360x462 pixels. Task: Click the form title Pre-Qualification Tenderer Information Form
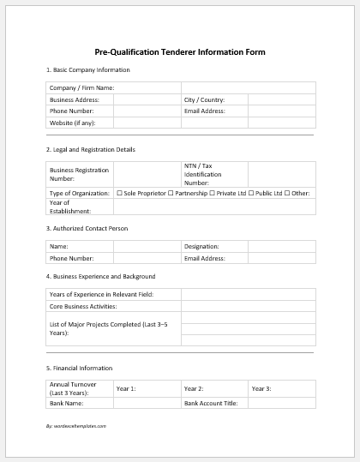[180, 52]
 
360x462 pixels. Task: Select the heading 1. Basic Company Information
[87, 70]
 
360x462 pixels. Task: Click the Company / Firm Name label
[82, 87]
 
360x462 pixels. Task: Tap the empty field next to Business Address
[147, 99]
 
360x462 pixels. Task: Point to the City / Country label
[204, 99]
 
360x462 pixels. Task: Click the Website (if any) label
[73, 123]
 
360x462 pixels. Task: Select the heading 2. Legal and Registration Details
[90, 150]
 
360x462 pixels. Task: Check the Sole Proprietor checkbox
[119, 193]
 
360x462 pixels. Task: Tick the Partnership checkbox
[171, 193]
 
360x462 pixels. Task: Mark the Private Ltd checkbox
[213, 193]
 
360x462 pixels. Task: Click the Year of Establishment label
[69, 206]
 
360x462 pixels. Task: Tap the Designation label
[201, 246]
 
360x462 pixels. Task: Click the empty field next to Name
[147, 246]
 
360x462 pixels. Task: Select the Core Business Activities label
[83, 306]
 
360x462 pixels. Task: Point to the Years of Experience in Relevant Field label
[102, 294]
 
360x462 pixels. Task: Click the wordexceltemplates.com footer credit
[76, 424]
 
